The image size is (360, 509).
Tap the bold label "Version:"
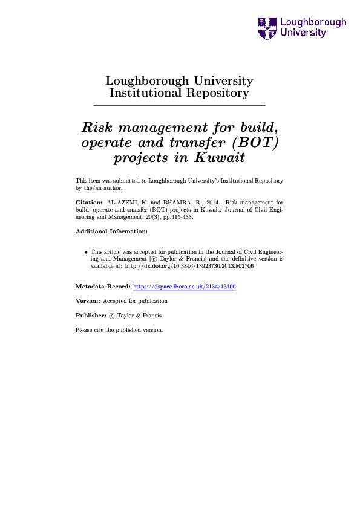click(88, 300)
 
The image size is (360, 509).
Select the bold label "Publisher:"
click(91, 316)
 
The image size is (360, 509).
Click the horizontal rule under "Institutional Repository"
click(180, 106)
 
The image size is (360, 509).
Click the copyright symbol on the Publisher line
click(111, 316)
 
